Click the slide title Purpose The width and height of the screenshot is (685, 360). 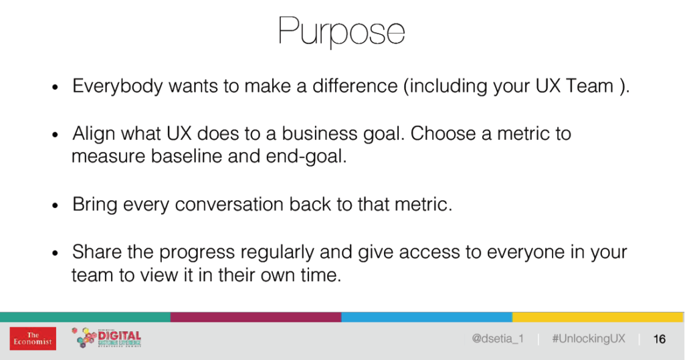(342, 31)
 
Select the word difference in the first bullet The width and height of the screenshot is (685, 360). (355, 86)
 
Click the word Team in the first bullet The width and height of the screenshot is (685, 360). (589, 86)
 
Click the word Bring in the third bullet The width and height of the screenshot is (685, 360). (95, 205)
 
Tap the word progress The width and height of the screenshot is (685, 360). (197, 253)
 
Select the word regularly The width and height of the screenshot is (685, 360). (277, 253)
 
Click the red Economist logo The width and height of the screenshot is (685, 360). (33, 339)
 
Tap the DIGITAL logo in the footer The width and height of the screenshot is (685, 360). (106, 338)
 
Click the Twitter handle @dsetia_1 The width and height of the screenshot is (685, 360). (498, 339)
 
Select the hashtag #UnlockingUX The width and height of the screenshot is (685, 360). (589, 339)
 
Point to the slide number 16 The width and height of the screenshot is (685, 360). (659, 339)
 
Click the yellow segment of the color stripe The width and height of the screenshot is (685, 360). (597, 317)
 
